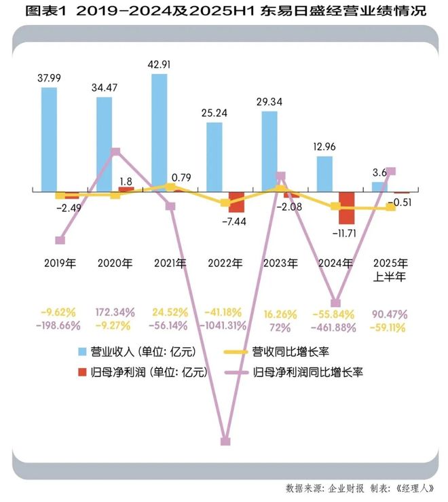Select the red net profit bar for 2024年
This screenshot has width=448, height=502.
coord(347,208)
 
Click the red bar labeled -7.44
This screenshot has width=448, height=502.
coord(236,202)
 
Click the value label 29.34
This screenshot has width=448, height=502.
coord(270,101)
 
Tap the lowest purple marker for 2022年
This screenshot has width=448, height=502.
coord(226,442)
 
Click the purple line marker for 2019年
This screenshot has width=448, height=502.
coord(60,240)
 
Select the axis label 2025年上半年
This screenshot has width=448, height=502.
coord(390,268)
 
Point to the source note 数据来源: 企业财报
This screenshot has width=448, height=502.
coord(324,488)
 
